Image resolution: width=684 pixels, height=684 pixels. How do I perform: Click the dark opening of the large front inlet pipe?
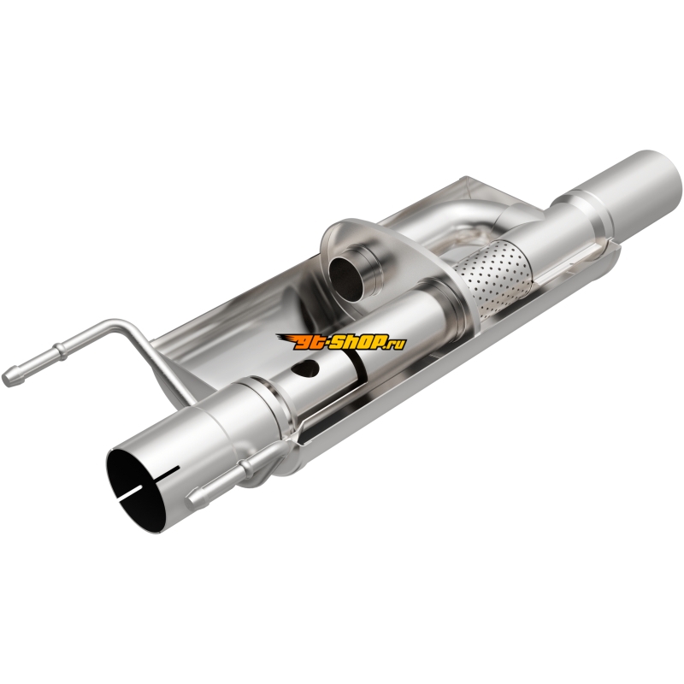point(139,486)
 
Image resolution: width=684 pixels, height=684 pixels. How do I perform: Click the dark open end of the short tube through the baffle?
point(346,277)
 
